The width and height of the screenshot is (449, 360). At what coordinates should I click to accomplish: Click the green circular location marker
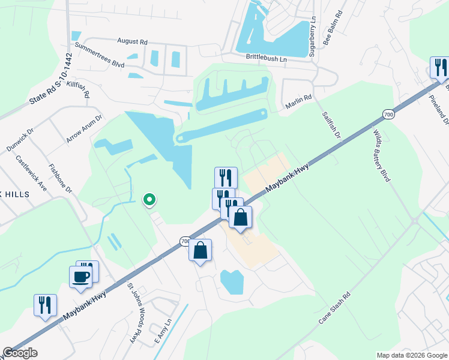coord(149,200)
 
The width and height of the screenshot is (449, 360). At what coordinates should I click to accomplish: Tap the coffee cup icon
coord(81,277)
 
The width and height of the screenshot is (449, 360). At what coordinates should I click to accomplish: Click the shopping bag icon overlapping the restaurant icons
coord(240,217)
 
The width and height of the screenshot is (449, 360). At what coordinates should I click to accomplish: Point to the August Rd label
coord(133,42)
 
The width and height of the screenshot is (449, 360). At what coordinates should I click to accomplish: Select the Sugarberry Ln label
coord(312,37)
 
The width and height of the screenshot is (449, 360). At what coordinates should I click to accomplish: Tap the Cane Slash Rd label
coord(334,310)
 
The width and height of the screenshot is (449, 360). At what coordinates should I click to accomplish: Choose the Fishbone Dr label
coord(60,179)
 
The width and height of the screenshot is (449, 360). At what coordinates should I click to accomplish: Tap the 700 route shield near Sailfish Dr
coord(388,114)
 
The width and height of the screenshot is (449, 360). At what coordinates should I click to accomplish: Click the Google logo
coord(20,353)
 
